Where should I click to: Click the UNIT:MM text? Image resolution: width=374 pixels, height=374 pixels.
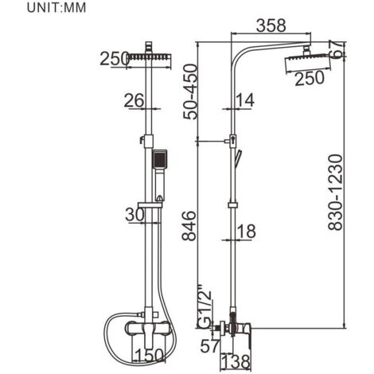point(56,8)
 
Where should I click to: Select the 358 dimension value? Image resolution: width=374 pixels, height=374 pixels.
point(271,25)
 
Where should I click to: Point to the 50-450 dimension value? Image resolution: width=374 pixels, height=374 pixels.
point(191,92)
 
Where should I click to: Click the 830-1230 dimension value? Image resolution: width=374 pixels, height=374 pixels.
point(336,193)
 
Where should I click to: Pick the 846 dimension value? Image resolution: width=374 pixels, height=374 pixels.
point(189,226)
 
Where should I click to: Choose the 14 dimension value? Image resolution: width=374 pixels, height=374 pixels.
point(245,100)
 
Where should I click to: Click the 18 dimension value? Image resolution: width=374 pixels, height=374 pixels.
point(247,231)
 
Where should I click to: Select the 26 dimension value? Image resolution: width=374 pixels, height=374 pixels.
point(134,100)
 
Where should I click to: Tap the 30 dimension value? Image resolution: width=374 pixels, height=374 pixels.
point(135,215)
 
